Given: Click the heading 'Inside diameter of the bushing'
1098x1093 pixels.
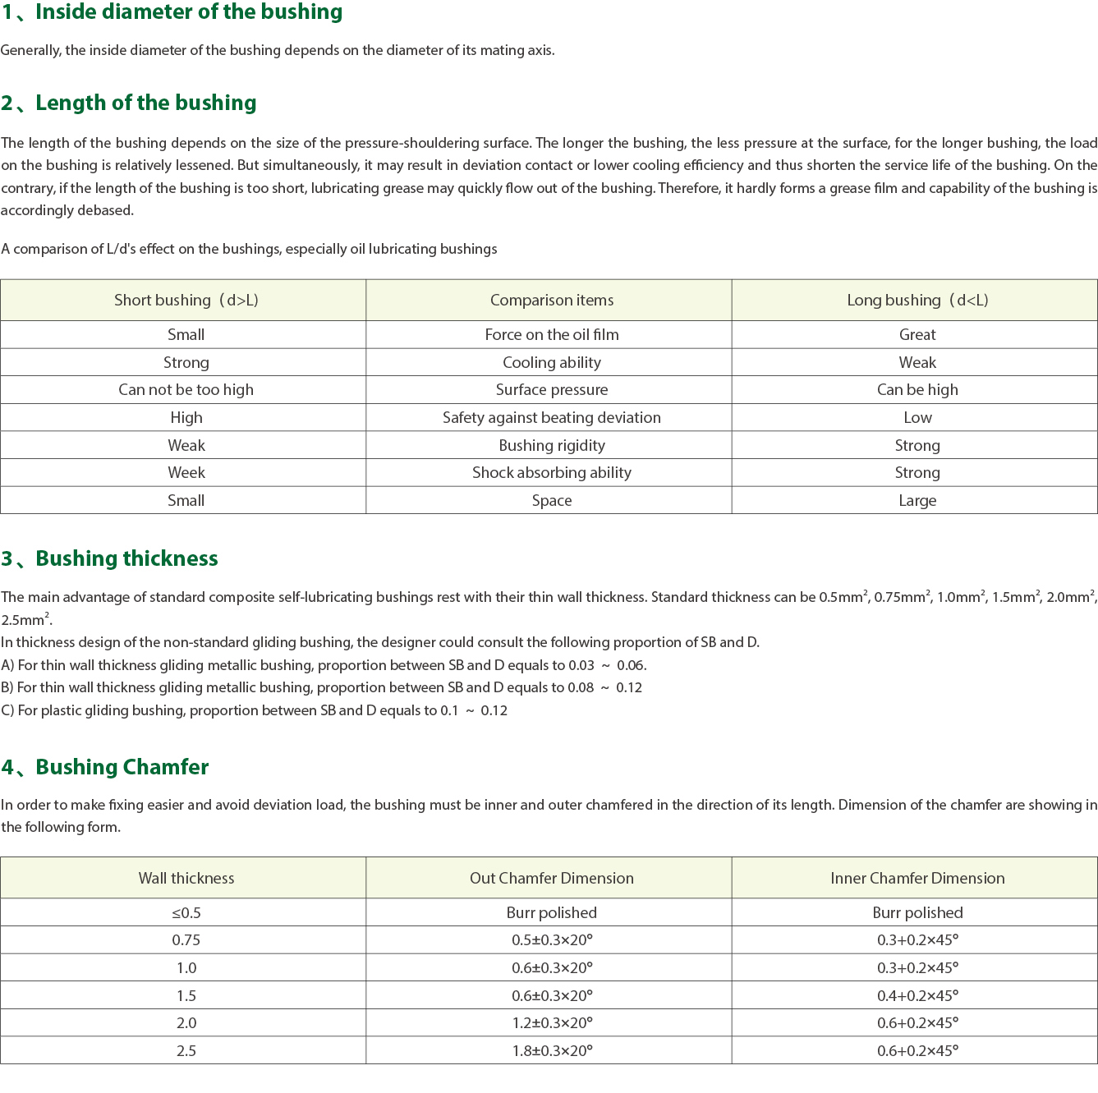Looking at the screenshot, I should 188,12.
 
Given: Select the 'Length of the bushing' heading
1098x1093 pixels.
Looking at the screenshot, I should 145,103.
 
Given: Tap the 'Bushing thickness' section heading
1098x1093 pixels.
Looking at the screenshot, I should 126,558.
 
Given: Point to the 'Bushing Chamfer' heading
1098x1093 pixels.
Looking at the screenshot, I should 122,767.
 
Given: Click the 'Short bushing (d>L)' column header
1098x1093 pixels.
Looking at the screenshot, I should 186,301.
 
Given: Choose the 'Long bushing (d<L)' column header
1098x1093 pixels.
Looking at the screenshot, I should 917,301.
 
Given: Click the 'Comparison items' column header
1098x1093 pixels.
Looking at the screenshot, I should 552,301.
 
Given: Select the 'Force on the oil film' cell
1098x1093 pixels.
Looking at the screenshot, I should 552,335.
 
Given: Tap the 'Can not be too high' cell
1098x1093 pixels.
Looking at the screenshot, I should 186,390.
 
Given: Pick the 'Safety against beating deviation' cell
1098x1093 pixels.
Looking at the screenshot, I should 552,418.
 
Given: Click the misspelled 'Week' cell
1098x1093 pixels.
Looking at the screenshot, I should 186,473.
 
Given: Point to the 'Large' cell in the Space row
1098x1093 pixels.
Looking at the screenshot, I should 917,501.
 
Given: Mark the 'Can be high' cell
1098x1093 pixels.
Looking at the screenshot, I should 917,390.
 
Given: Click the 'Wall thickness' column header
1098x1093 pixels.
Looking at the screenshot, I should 186,879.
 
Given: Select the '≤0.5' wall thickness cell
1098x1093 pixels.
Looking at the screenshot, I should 186,913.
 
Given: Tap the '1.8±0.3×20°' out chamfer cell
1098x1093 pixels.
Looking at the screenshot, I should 552,1051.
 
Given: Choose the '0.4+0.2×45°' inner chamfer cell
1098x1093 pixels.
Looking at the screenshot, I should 917,996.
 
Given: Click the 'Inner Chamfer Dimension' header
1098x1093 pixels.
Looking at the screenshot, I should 917,879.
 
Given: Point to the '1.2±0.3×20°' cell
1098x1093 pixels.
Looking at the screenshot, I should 552,1023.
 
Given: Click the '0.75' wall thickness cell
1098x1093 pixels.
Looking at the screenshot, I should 186,940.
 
